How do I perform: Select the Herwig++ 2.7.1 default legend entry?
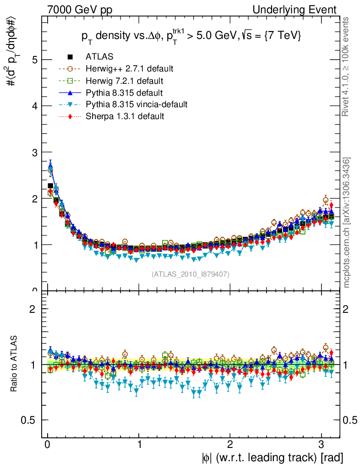tap(129, 69)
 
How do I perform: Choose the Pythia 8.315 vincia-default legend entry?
tap(136, 104)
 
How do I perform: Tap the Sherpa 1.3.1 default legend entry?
tap(125, 116)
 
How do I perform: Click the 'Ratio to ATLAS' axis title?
tap(14, 365)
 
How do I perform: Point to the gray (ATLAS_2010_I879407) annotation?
tap(191, 274)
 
